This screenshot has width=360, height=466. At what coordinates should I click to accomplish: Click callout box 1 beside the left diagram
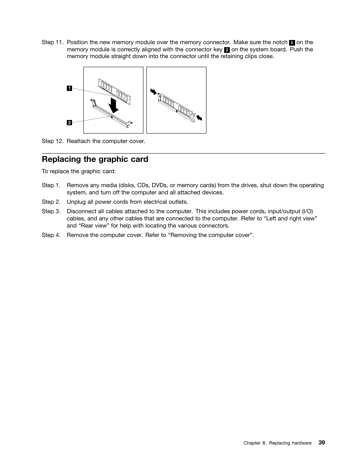69,88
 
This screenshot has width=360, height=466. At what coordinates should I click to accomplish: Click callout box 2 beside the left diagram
69,123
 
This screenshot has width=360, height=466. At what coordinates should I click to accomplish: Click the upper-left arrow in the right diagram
153,91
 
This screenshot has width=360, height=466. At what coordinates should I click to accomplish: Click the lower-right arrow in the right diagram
199,118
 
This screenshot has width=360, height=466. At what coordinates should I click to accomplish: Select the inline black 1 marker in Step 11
292,43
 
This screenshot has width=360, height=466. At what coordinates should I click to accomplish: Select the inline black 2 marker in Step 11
227,50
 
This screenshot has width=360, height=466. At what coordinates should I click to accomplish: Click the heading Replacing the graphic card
95,159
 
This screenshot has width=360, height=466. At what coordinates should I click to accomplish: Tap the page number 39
322,443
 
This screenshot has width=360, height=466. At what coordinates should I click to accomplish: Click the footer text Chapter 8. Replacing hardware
277,443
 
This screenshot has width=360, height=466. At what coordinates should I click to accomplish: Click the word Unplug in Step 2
76,202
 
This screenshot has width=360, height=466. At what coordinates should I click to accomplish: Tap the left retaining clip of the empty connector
93,102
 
